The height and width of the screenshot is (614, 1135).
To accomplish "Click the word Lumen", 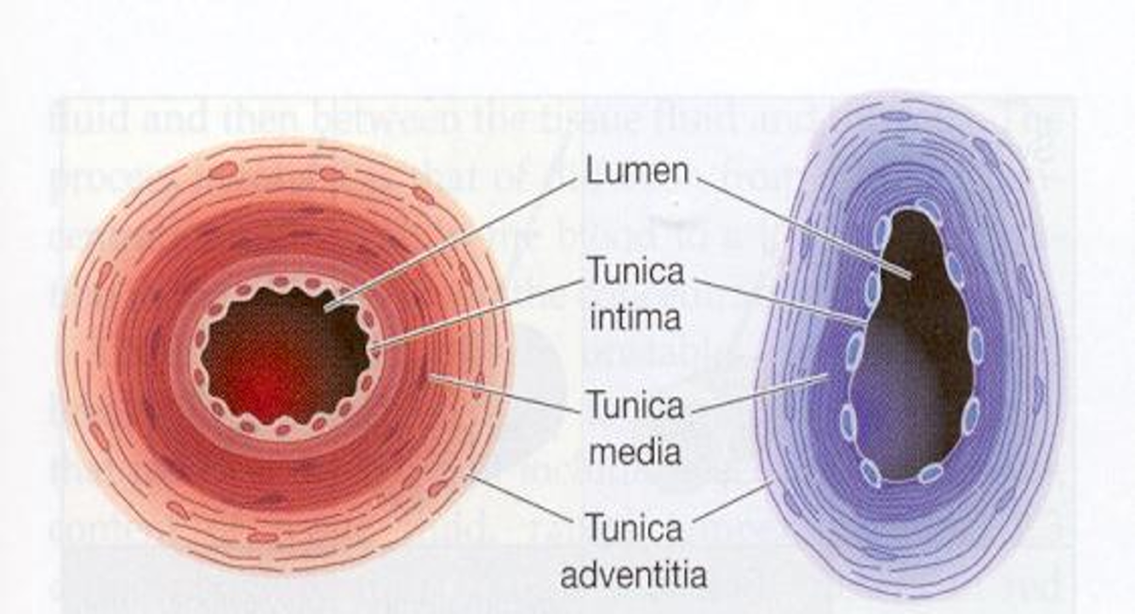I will [636, 172].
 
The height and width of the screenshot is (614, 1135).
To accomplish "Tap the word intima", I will [635, 317].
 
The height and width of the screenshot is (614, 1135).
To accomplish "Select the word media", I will [635, 451].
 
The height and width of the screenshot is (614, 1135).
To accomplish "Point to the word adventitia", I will [633, 575].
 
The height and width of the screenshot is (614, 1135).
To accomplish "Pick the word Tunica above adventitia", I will [635, 529].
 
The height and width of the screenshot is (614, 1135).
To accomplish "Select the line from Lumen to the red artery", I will [451, 242].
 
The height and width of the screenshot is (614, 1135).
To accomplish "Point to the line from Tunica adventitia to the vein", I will [732, 502].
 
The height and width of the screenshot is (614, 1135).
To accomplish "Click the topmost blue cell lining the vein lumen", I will [927, 207].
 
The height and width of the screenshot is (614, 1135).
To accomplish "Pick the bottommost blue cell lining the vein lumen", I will [930, 474].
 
